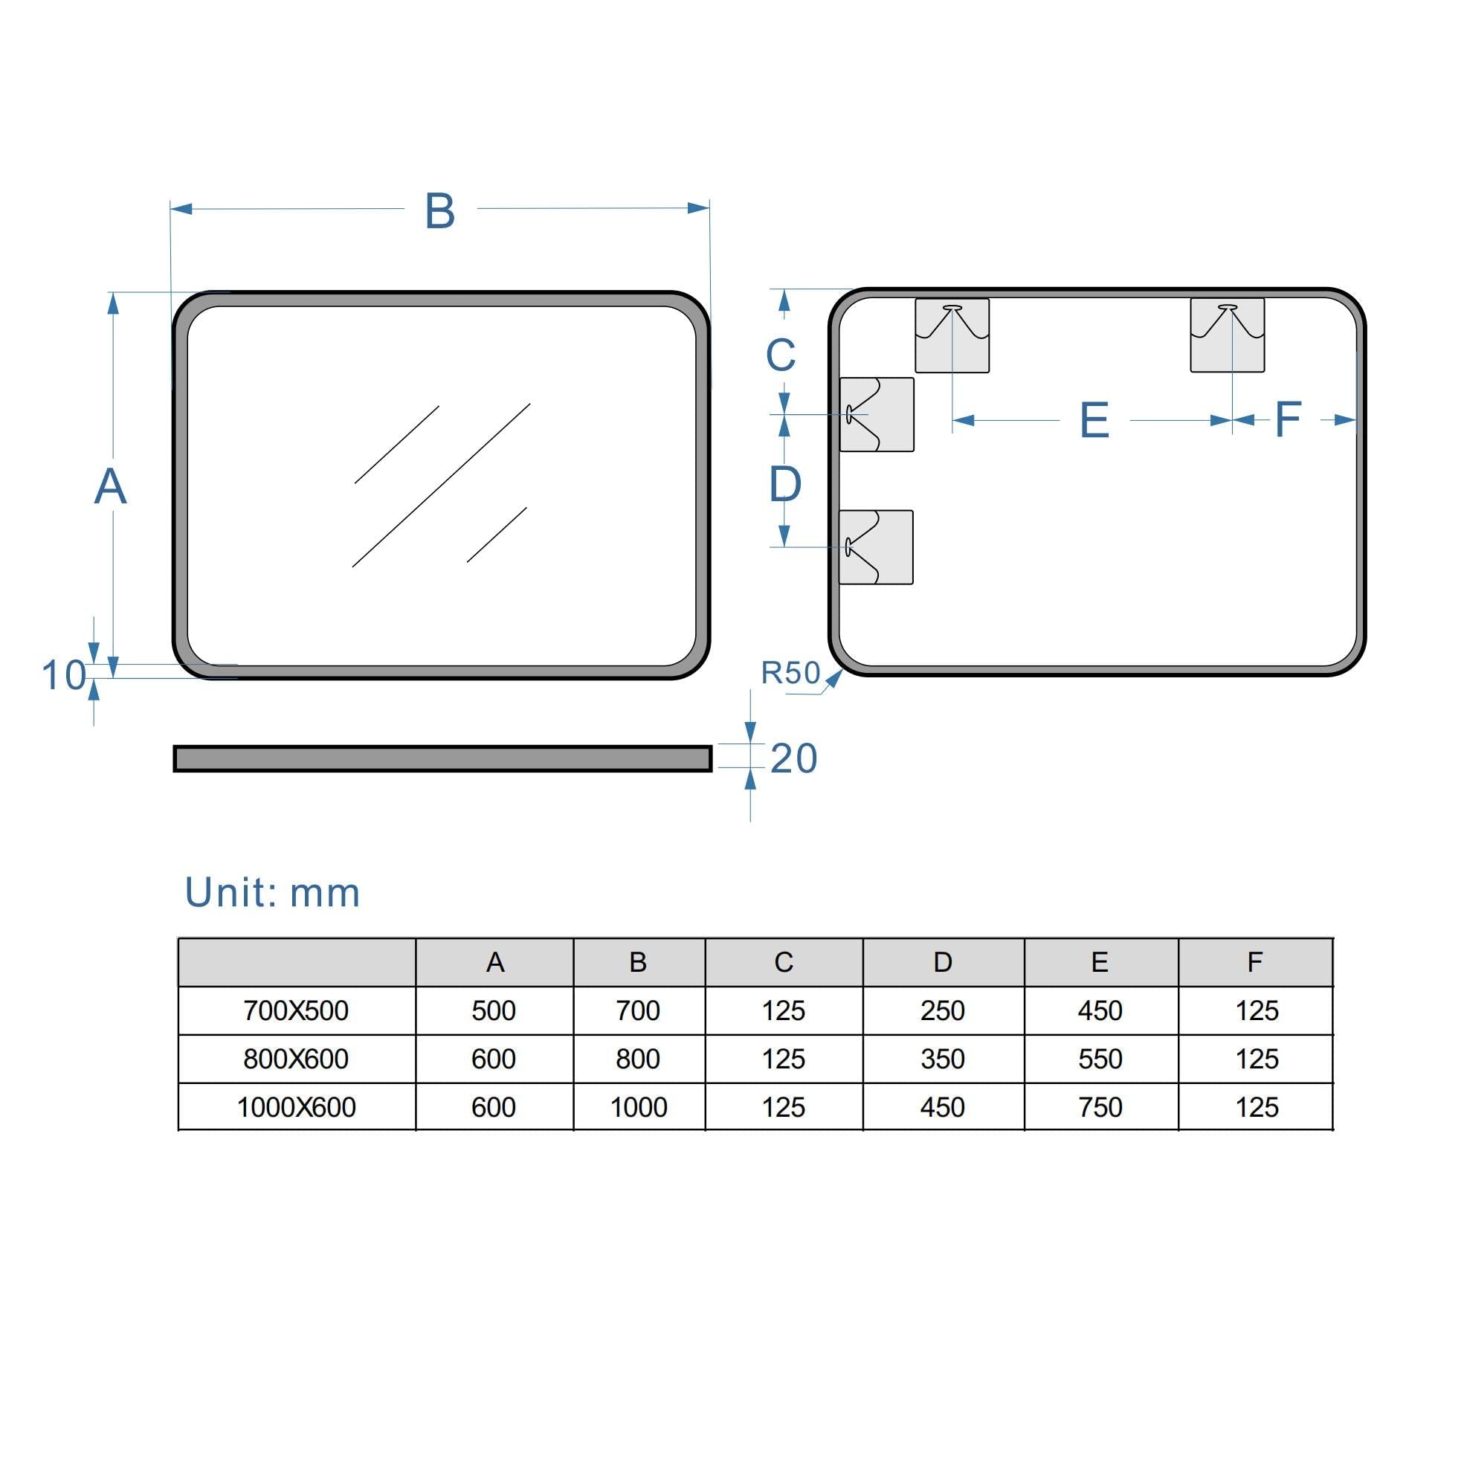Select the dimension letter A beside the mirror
111,486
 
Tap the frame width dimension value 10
64,674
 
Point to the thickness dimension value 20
793,758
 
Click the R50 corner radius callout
790,672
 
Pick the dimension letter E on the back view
1094,420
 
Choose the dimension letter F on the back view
1289,419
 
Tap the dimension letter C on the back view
781,354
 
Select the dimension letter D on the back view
785,484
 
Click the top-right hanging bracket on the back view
1228,335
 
